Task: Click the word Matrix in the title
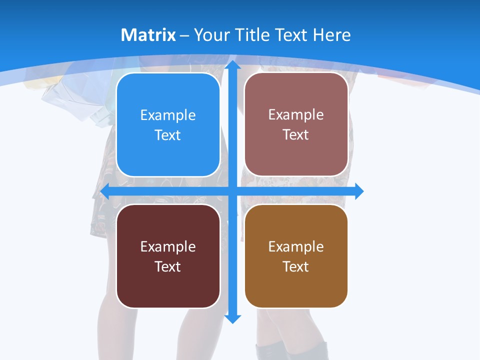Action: pyautogui.click(x=148, y=35)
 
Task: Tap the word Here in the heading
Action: pyautogui.click(x=332, y=35)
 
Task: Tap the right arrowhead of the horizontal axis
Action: pyautogui.click(x=358, y=191)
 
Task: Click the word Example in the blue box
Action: pyautogui.click(x=168, y=115)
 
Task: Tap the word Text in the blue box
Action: pyautogui.click(x=168, y=135)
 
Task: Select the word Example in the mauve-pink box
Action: pyautogui.click(x=296, y=115)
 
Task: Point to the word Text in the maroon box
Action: pyautogui.click(x=168, y=267)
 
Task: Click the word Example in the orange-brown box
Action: pyautogui.click(x=296, y=246)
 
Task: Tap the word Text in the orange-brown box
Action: pyautogui.click(x=296, y=267)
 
